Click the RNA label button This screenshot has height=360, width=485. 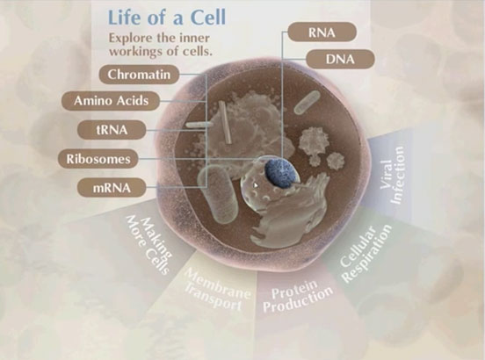point(322,32)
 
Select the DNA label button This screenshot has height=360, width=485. point(340,59)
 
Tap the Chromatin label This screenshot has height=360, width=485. point(139,75)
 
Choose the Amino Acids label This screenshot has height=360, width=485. point(111,101)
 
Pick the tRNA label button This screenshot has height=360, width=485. point(112,130)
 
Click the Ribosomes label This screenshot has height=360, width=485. point(98,159)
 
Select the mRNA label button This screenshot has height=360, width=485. point(112,188)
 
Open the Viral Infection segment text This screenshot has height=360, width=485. point(392,175)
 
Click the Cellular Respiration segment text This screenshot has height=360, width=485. point(366,254)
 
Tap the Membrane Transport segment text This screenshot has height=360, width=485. point(216,289)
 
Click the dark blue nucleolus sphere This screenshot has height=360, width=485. point(280,173)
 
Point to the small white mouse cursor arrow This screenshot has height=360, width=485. point(256,185)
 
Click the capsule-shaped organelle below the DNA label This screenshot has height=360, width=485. point(307,102)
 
